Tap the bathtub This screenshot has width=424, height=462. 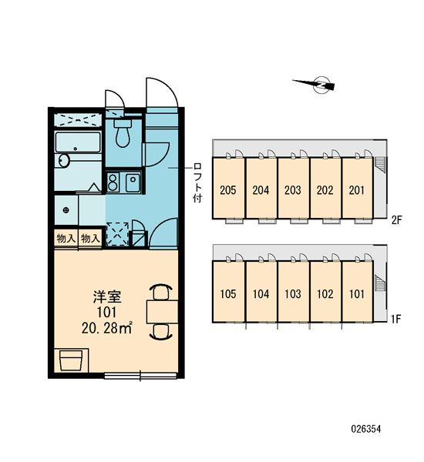78,142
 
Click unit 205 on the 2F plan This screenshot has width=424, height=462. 228,189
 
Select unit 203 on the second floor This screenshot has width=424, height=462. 293,189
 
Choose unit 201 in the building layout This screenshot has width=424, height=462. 357,189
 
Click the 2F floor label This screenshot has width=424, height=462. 397,219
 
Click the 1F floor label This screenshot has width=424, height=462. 396,319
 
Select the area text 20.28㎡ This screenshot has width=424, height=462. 107,328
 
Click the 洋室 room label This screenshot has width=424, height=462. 107,296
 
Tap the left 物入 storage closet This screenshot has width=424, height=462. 66,238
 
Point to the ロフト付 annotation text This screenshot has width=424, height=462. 197,182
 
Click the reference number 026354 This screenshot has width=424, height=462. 366,429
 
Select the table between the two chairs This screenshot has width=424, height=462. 162,312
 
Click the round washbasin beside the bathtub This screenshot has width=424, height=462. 63,161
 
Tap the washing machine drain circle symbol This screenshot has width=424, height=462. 66,210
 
